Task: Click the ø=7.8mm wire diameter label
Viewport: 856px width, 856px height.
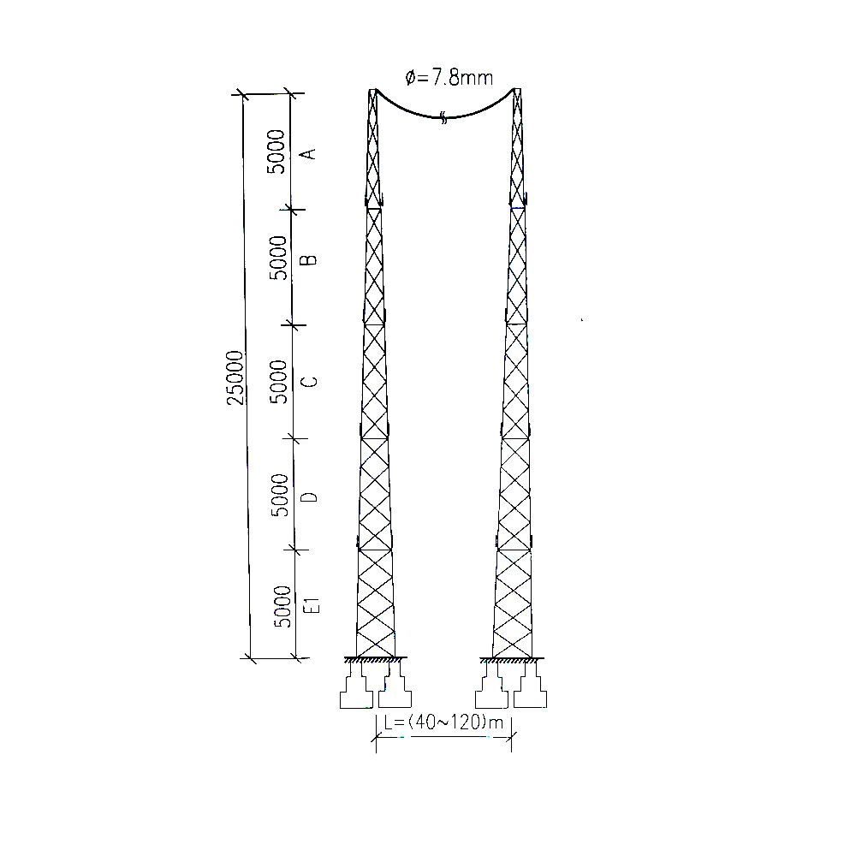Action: point(449,78)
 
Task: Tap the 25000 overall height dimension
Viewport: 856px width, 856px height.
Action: point(235,377)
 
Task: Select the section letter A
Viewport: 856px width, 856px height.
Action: point(310,153)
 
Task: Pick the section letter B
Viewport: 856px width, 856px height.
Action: point(310,259)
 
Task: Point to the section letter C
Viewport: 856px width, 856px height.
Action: point(310,381)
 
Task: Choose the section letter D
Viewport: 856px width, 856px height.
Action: point(310,496)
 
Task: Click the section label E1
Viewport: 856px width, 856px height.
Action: point(311,605)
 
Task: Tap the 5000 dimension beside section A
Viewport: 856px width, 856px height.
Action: point(276,152)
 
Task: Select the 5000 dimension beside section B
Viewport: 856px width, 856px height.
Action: point(278,258)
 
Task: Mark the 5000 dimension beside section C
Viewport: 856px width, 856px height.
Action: point(279,382)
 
